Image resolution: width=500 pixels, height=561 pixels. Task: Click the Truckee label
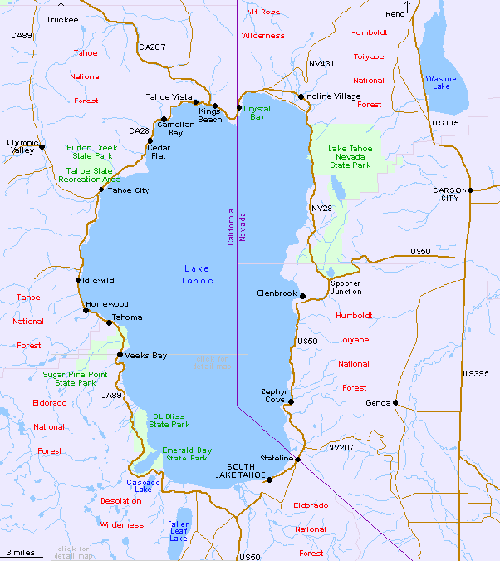62,19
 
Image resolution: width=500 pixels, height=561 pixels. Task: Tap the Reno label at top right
396,14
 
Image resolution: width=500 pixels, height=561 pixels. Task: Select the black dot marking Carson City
470,189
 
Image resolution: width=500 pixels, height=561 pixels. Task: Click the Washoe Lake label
441,82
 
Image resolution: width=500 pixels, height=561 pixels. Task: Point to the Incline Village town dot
301,96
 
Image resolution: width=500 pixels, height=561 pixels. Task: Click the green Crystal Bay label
257,113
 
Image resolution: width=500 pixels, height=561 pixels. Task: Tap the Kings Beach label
210,115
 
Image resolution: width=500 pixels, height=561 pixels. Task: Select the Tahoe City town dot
101,189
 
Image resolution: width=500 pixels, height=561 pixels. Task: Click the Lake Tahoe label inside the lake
197,274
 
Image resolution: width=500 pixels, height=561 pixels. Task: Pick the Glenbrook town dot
303,296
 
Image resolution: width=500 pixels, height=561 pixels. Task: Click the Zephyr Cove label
274,395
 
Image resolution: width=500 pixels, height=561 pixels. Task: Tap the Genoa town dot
395,402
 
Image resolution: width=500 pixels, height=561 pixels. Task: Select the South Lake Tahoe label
240,470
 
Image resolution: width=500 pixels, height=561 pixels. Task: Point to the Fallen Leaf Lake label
179,531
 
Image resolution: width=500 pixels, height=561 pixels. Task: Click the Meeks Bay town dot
120,355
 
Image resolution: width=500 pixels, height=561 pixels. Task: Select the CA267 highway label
153,47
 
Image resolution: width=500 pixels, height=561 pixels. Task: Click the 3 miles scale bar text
21,552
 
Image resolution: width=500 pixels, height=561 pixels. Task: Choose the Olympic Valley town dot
42,147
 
